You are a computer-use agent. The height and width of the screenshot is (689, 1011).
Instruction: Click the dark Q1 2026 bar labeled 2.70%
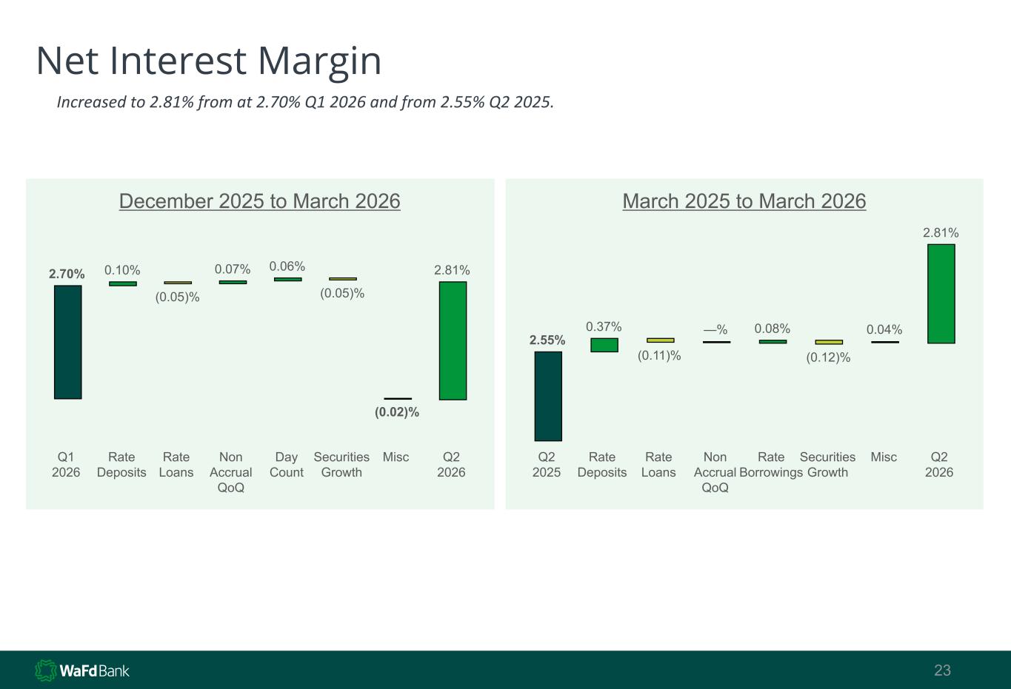[67, 342]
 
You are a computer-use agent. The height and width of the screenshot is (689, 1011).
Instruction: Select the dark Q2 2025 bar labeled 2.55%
[548, 397]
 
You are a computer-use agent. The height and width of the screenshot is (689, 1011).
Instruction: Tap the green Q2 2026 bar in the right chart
[941, 294]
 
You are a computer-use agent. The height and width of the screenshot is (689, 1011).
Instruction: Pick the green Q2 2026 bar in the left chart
[453, 341]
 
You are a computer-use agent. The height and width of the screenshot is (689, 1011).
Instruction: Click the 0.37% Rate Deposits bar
[604, 345]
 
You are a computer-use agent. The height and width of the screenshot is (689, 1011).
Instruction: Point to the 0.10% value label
[122, 270]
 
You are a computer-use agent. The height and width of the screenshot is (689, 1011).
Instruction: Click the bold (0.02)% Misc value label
[397, 412]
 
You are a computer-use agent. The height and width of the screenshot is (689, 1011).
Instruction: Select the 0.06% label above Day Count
[287, 266]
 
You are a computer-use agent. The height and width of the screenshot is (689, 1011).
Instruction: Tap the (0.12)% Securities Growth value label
[828, 357]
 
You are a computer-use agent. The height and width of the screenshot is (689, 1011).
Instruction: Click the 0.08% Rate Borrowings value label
[773, 329]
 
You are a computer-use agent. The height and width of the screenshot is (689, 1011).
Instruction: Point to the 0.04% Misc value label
[884, 329]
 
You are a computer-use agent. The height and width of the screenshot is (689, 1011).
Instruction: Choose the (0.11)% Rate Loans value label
[659, 356]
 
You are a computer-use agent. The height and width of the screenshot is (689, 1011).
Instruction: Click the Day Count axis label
[287, 465]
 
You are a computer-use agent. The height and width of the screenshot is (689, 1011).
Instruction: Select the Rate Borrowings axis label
[771, 465]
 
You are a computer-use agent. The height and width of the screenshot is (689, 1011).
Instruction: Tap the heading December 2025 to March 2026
[259, 201]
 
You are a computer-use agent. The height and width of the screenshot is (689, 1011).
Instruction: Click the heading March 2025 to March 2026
[744, 201]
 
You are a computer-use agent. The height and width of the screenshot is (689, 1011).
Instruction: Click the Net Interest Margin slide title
[209, 61]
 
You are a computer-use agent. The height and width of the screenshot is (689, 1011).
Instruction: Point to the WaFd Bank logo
[82, 670]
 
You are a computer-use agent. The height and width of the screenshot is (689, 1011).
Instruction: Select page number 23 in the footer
[942, 670]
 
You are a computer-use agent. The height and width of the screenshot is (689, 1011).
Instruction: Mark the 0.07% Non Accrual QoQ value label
[233, 269]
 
